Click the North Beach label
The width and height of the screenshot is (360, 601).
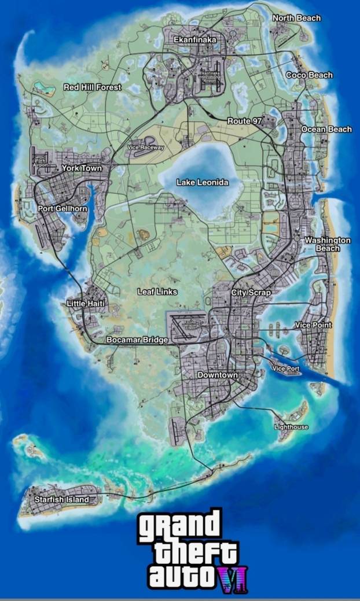point(296,18)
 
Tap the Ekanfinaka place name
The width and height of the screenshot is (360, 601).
point(195,39)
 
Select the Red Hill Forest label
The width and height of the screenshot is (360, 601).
point(93,87)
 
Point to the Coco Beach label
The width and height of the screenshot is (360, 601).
point(310,75)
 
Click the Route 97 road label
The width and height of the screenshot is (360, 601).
point(245,120)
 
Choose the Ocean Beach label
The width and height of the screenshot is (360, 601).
point(326,129)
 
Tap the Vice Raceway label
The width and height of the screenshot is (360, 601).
point(146,148)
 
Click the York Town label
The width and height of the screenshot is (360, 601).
point(82,168)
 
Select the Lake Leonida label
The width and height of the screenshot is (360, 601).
point(202,182)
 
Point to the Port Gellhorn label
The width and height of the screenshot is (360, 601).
point(63,208)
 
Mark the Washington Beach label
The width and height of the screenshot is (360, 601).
point(328,244)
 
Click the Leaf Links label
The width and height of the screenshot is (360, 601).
point(157,292)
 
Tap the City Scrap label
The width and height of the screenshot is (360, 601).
point(251,293)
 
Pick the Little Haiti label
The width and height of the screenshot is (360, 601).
point(85,303)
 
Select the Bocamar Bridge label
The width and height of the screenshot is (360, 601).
point(137,340)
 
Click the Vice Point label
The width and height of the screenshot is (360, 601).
point(314,325)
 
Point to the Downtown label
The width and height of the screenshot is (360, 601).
point(218,375)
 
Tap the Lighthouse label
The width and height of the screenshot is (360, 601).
point(291,427)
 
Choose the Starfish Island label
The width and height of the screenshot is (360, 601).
point(62,499)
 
